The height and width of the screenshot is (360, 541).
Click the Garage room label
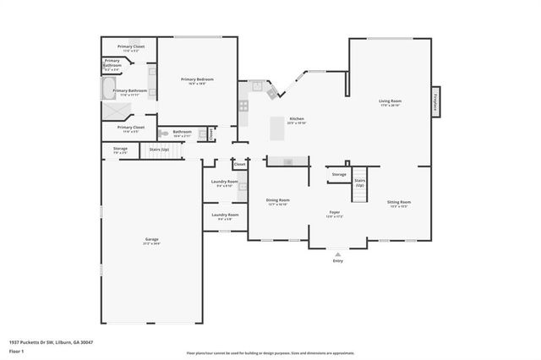151,240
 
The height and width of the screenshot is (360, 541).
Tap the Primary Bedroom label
197,79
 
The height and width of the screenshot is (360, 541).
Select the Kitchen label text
297,119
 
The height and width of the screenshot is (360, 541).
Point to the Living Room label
390,101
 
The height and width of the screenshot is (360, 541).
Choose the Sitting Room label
399,203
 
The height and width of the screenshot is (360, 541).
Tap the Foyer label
335,213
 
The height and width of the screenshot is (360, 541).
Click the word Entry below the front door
338,261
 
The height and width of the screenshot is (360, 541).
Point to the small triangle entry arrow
338,254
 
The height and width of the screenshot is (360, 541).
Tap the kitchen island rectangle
276,128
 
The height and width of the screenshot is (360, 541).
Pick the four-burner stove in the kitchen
243,106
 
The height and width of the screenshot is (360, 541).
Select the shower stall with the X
111,109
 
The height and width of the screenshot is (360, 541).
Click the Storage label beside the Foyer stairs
339,174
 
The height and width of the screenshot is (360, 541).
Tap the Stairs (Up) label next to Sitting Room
360,182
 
